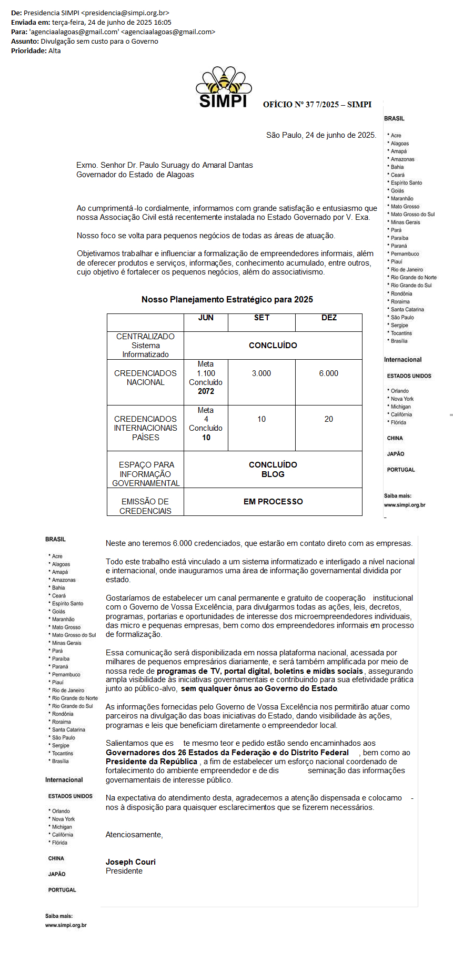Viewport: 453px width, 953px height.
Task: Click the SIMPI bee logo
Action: click(x=223, y=87)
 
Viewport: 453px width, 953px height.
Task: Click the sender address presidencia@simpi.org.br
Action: click(x=126, y=13)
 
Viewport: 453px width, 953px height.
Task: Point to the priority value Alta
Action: click(x=54, y=51)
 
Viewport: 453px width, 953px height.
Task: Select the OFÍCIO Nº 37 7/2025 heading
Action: click(x=317, y=105)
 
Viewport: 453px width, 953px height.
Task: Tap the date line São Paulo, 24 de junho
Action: click(x=321, y=135)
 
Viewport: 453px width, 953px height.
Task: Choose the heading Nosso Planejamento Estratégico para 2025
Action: click(x=227, y=299)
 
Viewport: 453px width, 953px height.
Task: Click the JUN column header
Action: click(x=206, y=318)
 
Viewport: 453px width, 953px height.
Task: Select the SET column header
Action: click(x=261, y=318)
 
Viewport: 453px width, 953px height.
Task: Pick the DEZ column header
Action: click(x=329, y=318)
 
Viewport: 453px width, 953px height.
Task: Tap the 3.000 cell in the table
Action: click(x=261, y=373)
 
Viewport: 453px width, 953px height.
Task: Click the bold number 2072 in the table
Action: click(x=206, y=391)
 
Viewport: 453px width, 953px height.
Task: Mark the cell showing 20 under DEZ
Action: click(x=329, y=419)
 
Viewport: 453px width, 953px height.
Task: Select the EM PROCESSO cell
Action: click(x=273, y=502)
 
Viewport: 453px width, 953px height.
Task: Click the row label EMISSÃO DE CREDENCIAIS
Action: click(x=145, y=506)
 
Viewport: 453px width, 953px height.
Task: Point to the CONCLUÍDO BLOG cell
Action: click(x=273, y=470)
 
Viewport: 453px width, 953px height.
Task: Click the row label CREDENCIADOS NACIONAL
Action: click(x=145, y=378)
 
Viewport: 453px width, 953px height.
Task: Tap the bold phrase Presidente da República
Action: click(x=152, y=762)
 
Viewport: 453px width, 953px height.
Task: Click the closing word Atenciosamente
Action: click(x=134, y=835)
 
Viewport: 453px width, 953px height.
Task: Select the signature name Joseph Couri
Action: click(x=130, y=862)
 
